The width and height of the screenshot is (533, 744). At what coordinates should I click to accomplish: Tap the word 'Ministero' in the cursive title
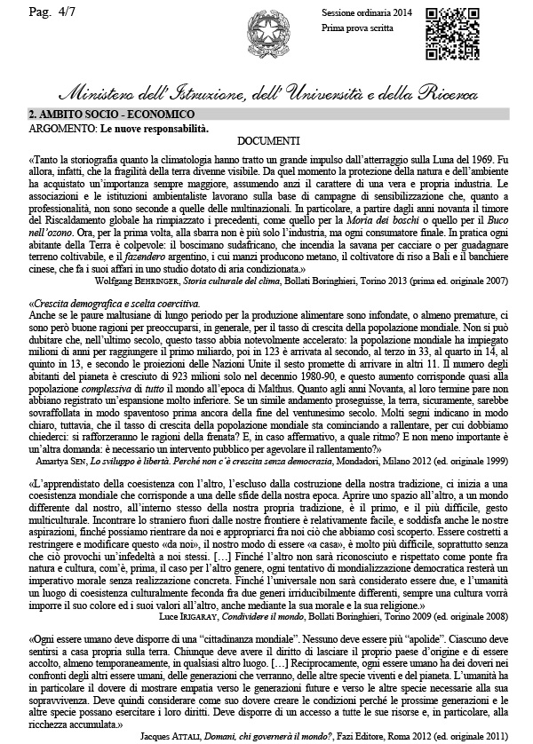tap(98, 94)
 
